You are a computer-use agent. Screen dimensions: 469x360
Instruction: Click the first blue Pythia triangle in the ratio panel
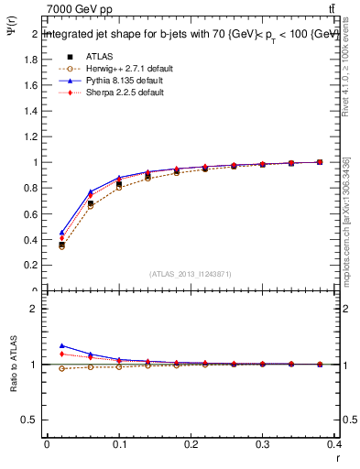coord(61,345)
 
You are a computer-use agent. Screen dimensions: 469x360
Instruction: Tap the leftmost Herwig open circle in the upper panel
coord(61,246)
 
